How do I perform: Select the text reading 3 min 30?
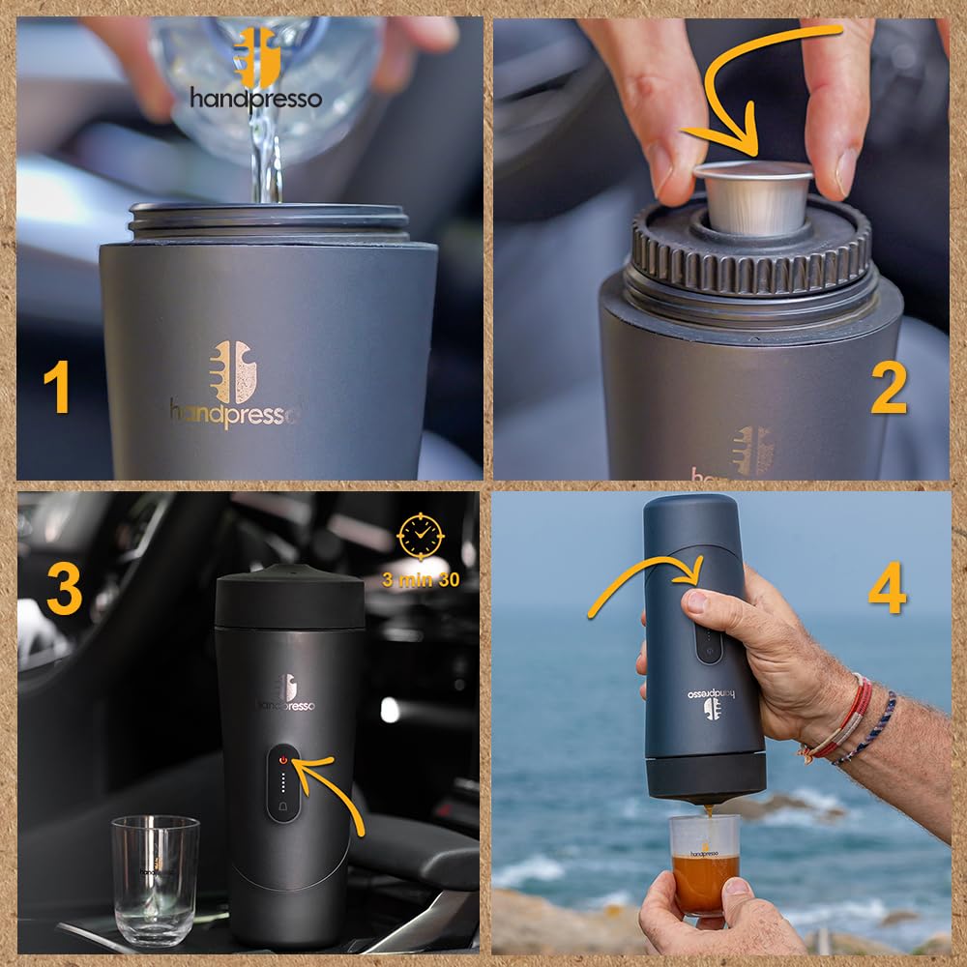[x=420, y=580]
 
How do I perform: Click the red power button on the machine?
[x=283, y=760]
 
